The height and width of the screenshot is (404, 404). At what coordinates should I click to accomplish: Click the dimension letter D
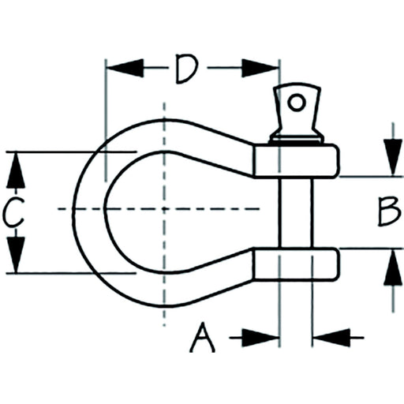pos(187,69)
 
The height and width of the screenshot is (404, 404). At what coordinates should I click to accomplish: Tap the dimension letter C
pos(13,211)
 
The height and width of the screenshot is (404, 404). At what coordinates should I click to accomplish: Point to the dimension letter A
pos(202,338)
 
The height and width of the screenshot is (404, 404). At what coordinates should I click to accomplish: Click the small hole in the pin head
pos(297,103)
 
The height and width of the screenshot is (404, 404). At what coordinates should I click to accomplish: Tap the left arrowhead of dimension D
pos(125,68)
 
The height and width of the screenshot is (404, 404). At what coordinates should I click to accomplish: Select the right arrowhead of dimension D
pos(260,68)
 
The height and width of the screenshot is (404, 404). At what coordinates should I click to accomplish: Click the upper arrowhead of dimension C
pos(16,170)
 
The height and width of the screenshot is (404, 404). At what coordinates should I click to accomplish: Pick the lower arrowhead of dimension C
pos(16,255)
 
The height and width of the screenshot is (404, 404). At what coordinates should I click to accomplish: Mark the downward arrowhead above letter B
pos(393,157)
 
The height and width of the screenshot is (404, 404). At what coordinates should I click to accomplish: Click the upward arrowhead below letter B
pos(393,267)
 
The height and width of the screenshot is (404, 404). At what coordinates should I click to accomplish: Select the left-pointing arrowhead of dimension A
pos(331,338)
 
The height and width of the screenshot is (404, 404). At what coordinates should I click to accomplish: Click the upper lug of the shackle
pos(296,161)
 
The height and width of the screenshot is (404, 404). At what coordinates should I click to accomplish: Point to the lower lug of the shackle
pos(295,264)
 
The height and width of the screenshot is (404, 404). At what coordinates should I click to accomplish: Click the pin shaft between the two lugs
pos(296,213)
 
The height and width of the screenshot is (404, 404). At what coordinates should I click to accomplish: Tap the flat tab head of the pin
pos(297,108)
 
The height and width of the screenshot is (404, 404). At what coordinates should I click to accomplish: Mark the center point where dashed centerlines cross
pos(164,209)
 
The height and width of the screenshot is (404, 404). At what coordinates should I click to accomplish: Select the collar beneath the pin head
pos(297,139)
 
